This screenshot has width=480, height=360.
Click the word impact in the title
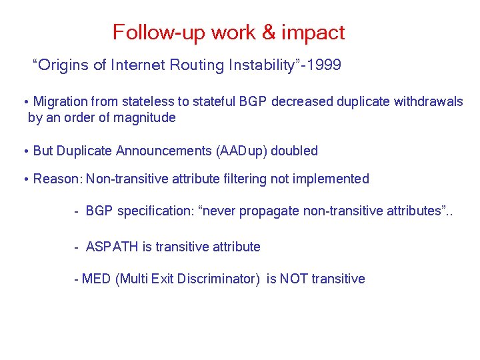(313, 33)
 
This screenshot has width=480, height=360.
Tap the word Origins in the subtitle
(64, 65)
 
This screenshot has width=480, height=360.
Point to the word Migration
(60, 102)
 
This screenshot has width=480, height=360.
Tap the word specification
(153, 211)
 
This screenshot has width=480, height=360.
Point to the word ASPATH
(112, 247)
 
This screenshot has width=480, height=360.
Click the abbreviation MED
(96, 279)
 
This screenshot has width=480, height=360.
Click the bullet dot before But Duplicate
(25, 151)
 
